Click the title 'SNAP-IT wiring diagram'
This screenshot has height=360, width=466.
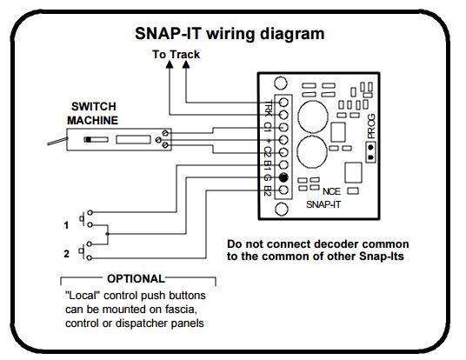(x=230, y=34)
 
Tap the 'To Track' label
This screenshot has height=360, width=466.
(x=176, y=55)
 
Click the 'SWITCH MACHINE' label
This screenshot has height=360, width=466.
(x=93, y=113)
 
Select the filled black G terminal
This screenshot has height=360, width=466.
(x=283, y=177)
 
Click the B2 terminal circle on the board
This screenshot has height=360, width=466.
(x=283, y=190)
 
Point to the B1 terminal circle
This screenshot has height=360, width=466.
(x=283, y=165)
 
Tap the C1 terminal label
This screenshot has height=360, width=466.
(x=268, y=127)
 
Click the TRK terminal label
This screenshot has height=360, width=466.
(x=268, y=108)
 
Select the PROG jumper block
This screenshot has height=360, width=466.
(x=370, y=152)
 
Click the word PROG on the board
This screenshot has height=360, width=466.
(x=371, y=126)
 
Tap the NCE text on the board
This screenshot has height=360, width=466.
(x=331, y=191)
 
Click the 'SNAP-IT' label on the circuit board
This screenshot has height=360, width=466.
(x=323, y=204)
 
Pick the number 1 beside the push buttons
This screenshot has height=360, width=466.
(x=66, y=225)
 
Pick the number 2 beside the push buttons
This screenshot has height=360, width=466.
(x=67, y=254)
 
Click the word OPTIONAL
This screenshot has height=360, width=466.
(x=136, y=279)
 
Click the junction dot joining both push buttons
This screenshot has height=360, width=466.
(x=107, y=234)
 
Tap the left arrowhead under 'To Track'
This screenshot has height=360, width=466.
(x=170, y=64)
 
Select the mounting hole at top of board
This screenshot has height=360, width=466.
(x=281, y=83)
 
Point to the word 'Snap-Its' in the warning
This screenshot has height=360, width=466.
(x=382, y=256)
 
